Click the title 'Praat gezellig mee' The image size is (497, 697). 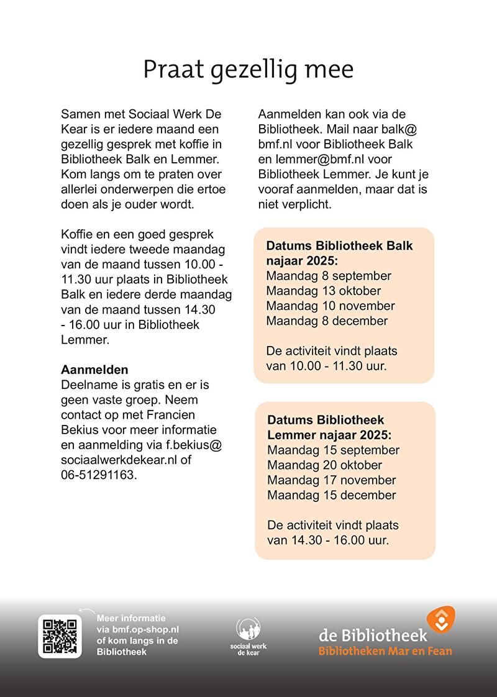point(248,69)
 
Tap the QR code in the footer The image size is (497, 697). point(60,635)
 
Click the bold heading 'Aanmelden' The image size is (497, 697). point(94,370)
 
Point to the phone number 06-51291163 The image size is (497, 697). point(98,475)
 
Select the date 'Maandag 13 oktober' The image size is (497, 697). point(324,291)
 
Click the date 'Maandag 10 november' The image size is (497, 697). point(331,306)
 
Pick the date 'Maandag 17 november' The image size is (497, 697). point(332,480)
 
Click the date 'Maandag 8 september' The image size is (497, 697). point(329,275)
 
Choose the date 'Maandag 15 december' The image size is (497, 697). point(332,495)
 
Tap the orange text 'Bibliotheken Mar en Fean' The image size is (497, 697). point(385,651)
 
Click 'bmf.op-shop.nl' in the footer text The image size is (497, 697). point(145,629)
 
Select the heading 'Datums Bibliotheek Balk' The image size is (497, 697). point(340,245)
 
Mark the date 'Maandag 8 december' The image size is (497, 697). point(327,321)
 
